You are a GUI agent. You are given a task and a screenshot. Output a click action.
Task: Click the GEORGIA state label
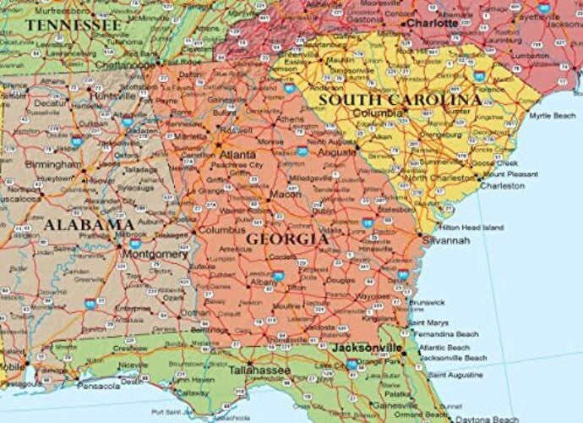(x=287, y=239)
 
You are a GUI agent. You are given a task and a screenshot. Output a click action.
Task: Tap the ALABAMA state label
(x=90, y=225)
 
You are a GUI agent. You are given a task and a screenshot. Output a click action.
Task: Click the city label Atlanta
(x=238, y=156)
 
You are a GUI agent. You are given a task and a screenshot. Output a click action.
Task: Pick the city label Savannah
(x=448, y=240)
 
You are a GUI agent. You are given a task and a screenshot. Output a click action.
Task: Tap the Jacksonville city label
(x=367, y=348)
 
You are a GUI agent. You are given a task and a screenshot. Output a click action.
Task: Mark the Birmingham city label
(x=53, y=162)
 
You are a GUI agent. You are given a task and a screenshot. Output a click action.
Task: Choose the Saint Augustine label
(x=457, y=374)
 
